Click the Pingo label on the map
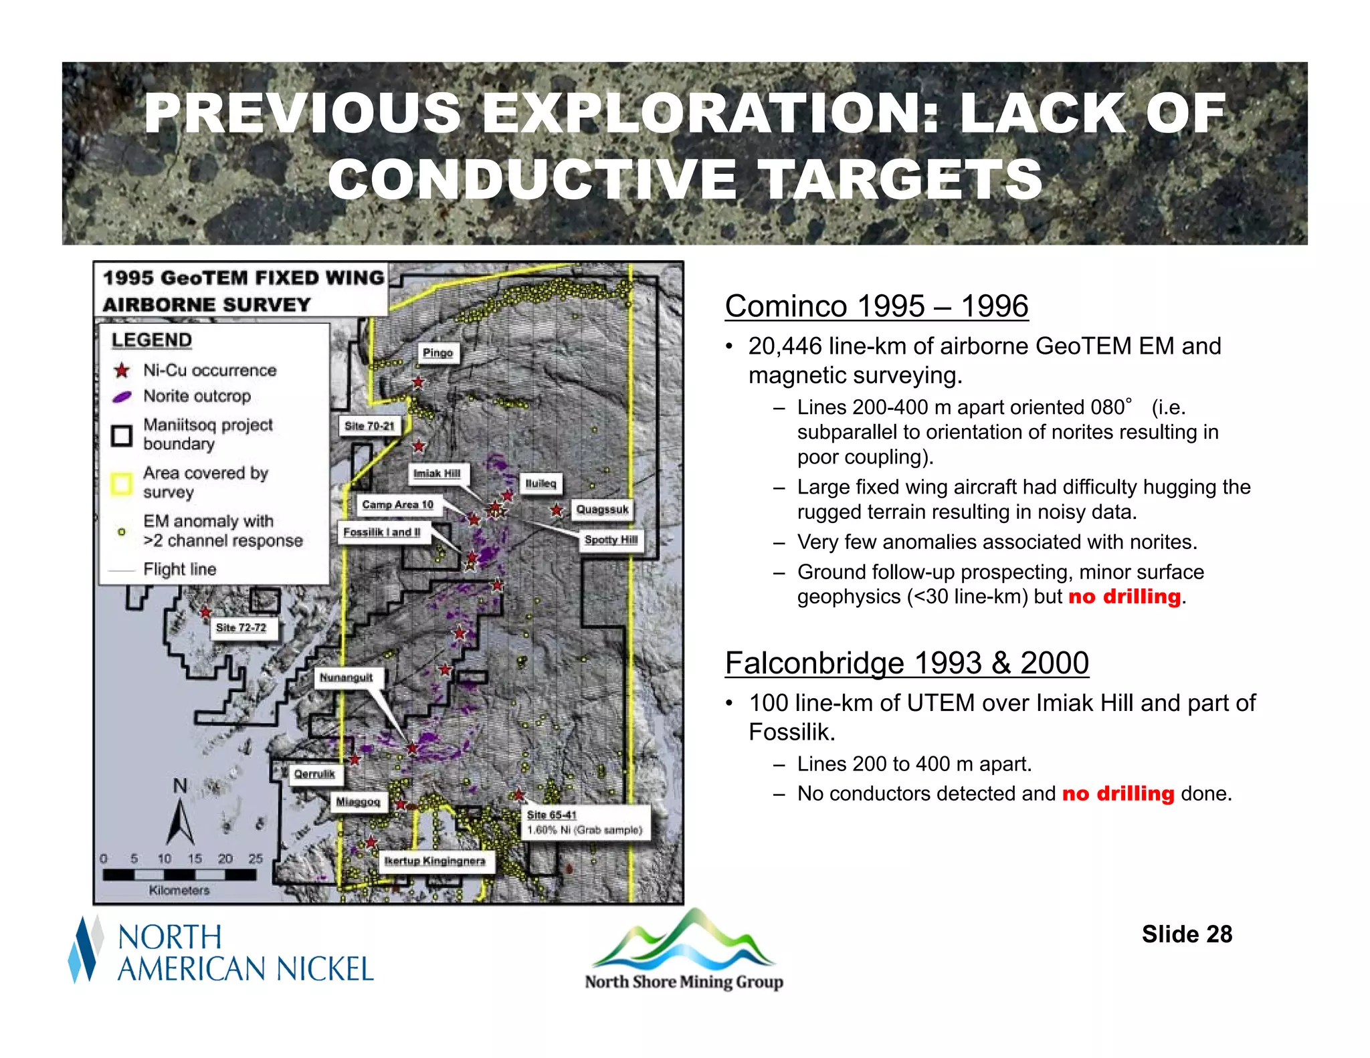click(x=438, y=352)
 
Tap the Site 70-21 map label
click(x=369, y=426)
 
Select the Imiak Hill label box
click(x=437, y=473)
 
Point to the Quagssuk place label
click(x=602, y=510)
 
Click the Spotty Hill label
click(x=611, y=540)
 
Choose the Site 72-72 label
click(x=241, y=627)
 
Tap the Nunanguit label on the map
click(x=346, y=677)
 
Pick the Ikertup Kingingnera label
click(x=434, y=861)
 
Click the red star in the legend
click(x=122, y=370)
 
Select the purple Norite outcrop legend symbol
click(x=122, y=397)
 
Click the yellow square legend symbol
click(x=122, y=483)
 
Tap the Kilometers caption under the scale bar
click(x=179, y=890)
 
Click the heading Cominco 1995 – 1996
click(x=876, y=306)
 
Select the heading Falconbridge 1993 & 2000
click(x=906, y=663)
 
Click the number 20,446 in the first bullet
click(x=785, y=346)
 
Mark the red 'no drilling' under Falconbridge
click(x=1118, y=794)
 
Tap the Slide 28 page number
click(x=1187, y=934)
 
